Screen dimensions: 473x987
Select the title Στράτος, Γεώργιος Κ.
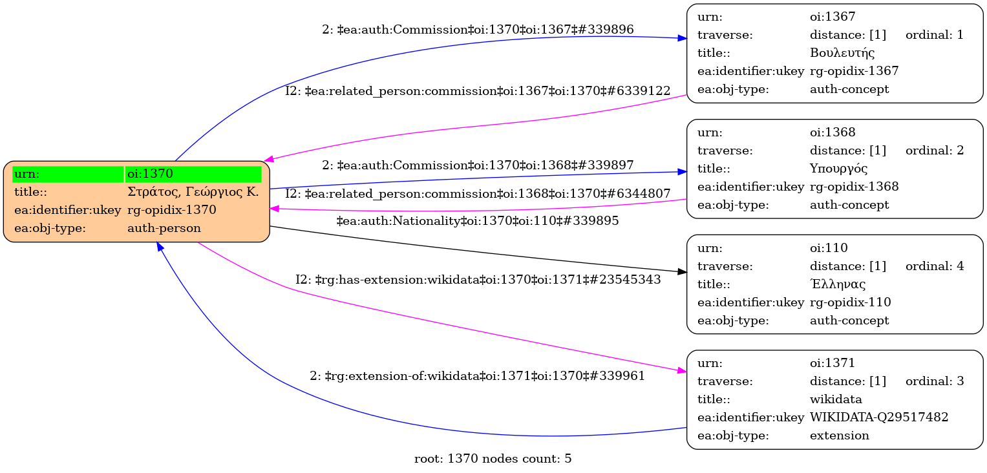pos(193,192)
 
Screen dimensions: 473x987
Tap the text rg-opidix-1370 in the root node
pos(171,210)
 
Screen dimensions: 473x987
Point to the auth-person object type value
pos(164,228)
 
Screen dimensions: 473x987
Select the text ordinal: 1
pos(934,35)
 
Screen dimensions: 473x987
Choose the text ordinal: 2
pos(934,151)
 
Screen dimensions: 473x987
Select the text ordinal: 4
pos(934,266)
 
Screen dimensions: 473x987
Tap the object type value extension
pos(839,436)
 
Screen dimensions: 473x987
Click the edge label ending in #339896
pos(478,30)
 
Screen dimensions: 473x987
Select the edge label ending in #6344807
pos(478,193)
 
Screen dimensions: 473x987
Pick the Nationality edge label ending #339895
pos(478,221)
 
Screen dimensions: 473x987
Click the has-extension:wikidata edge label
pos(478,280)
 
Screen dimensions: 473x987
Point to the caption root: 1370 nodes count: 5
pos(493,459)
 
